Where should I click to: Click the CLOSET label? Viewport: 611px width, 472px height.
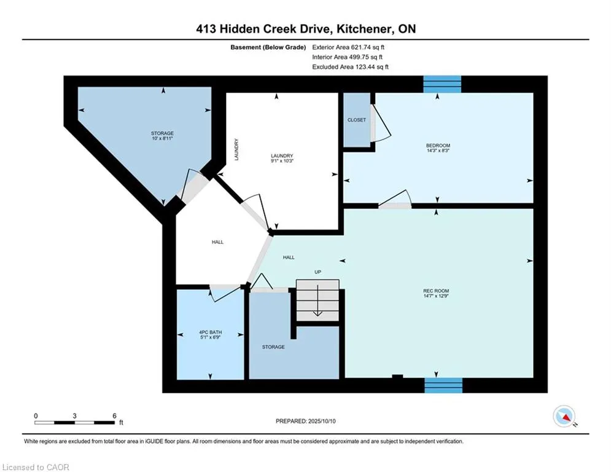pos(357,120)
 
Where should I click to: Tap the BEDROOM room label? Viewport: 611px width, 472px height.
pos(438,146)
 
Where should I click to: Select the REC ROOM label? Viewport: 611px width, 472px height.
pos(436,291)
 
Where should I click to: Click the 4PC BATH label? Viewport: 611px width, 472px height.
pos(211,332)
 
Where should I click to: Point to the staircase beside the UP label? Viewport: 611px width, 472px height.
pos(317,300)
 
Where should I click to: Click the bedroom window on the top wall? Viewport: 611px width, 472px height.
pos(442,84)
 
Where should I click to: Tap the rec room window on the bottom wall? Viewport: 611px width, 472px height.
pos(443,385)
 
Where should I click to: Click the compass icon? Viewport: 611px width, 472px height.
pos(564,416)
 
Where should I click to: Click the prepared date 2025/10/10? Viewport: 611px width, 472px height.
pos(322,421)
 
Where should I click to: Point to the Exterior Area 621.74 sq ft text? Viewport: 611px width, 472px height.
pos(348,47)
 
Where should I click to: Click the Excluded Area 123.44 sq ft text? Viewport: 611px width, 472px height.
pos(350,67)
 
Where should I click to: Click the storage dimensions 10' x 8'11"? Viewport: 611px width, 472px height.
pos(163,138)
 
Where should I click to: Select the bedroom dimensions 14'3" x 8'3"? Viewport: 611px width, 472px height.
pos(438,151)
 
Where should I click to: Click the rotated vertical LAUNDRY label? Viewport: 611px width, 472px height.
pos(236,149)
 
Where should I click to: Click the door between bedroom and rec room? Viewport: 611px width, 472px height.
pos(395,199)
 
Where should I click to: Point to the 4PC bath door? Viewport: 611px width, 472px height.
pos(225,293)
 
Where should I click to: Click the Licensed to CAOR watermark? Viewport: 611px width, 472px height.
pos(36,467)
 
